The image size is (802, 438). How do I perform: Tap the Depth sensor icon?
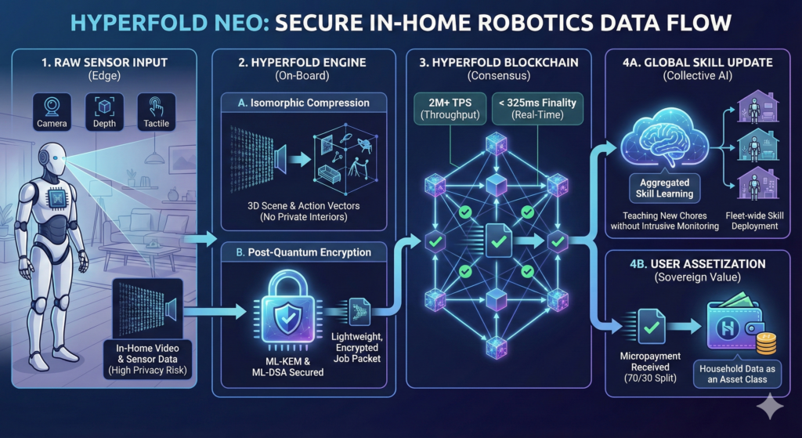[104, 108]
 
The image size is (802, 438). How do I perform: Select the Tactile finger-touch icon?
[154, 108]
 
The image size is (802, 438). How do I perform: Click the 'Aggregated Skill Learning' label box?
[663, 189]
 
